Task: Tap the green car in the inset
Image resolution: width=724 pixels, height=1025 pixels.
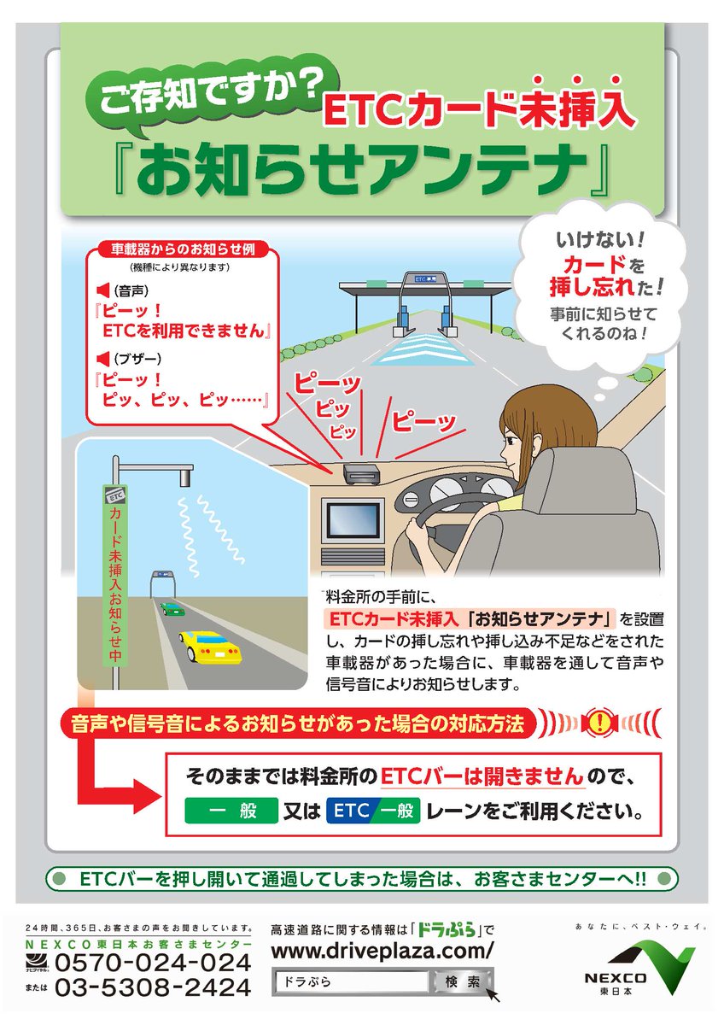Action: coord(172,609)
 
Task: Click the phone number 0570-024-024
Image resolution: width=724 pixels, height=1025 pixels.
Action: coord(154,963)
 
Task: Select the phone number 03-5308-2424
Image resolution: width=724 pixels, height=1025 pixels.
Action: coord(154,987)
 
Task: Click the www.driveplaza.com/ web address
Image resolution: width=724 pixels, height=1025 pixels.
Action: coord(382,951)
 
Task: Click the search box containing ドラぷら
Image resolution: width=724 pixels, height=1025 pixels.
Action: coord(350,982)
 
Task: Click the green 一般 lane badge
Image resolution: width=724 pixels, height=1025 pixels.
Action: coord(231,811)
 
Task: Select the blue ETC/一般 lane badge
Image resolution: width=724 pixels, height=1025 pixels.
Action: coord(373,811)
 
